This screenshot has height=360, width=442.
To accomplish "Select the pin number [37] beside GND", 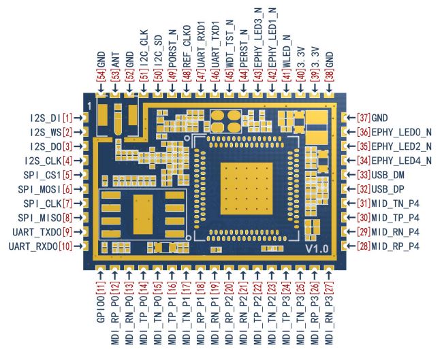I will [364, 118].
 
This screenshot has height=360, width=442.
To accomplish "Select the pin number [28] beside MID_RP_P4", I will [364, 246].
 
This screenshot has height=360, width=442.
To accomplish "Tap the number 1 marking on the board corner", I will [89, 106].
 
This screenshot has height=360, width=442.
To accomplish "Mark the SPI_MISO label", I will [44, 218].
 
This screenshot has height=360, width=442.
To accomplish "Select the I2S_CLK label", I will [44, 161].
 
